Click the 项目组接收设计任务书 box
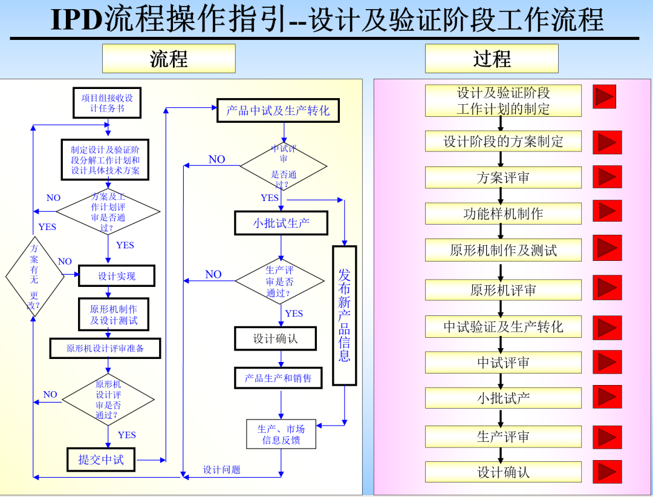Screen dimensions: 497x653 [x=107, y=103]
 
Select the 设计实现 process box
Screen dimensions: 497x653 [x=117, y=276]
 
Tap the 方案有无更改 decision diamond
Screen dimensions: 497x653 [x=34, y=276]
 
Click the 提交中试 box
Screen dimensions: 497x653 [x=100, y=459]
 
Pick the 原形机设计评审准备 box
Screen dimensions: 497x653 [x=105, y=348]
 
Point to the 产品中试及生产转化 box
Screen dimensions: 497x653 [x=278, y=111]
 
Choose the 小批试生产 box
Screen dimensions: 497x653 [x=281, y=223]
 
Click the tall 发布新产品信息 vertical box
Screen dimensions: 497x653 [x=344, y=315]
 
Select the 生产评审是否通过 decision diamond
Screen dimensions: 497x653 [x=280, y=282]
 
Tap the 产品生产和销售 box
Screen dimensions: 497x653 [x=278, y=378]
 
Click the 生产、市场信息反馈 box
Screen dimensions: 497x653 [x=281, y=434]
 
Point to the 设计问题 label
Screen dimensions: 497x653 [x=221, y=470]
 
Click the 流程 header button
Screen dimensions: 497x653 [x=169, y=59]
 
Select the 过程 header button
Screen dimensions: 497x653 [x=492, y=59]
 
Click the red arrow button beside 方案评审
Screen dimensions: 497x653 [x=607, y=177]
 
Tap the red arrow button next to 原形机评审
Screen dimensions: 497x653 [x=607, y=288]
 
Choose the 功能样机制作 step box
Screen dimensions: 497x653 [x=503, y=213]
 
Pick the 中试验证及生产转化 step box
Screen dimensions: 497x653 [x=503, y=327]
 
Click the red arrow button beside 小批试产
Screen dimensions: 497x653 [x=607, y=397]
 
